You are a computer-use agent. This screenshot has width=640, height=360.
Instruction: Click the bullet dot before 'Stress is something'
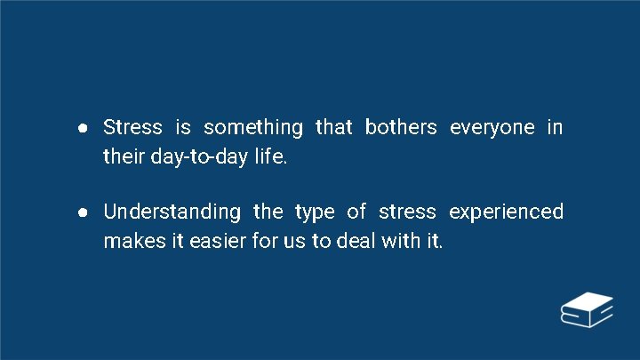[81, 128]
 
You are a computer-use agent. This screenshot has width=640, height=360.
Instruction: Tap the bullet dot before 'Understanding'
[81, 212]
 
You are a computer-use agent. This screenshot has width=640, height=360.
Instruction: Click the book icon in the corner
[587, 310]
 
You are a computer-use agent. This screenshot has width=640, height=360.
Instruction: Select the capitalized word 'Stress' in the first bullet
[132, 127]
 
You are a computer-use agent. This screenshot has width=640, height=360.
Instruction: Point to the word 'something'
[253, 127]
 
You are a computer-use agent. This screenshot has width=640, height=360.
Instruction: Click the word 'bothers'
[401, 127]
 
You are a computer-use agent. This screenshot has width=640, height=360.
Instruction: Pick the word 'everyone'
[492, 127]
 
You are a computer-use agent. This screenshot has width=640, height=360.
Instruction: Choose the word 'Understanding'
[172, 212]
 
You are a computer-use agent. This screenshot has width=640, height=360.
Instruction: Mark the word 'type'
[315, 212]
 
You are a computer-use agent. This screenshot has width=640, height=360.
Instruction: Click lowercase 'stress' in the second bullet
[407, 212]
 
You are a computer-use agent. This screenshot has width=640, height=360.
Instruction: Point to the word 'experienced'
[506, 212]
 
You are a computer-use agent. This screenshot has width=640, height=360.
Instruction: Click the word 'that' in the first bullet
[334, 127]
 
